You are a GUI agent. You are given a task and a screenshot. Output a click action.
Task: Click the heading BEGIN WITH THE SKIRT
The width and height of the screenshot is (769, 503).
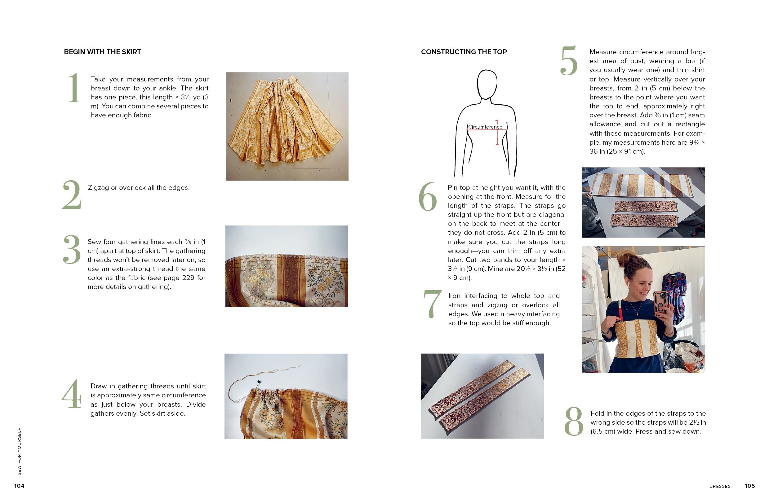point(102,52)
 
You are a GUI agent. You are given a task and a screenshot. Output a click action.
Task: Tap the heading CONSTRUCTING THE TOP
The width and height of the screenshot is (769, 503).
point(464,52)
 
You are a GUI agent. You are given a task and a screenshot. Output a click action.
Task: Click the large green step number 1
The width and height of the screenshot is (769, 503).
point(74,88)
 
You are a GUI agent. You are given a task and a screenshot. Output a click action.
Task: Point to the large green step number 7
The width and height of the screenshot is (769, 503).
point(432,304)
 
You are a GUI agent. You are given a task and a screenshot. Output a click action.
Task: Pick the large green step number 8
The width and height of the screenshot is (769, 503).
point(574,421)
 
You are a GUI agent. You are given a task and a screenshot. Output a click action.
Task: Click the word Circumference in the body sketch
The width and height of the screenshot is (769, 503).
point(485,127)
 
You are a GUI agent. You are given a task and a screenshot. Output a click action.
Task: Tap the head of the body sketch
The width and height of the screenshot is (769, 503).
point(487,84)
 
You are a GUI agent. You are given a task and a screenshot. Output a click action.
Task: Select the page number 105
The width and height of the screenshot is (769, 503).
point(749,486)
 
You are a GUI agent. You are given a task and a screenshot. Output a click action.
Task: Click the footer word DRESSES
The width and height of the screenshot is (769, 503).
point(720,486)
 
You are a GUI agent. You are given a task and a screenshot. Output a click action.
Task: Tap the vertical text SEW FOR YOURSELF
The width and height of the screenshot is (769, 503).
point(20,451)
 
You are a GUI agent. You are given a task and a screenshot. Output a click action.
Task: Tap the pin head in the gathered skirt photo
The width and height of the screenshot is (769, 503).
point(259,382)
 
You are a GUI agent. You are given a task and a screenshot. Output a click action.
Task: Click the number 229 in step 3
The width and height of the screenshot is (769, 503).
point(188,278)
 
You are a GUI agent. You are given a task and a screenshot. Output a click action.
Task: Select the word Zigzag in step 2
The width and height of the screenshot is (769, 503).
point(98,188)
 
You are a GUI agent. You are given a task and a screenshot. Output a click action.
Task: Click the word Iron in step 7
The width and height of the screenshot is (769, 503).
point(454,296)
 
